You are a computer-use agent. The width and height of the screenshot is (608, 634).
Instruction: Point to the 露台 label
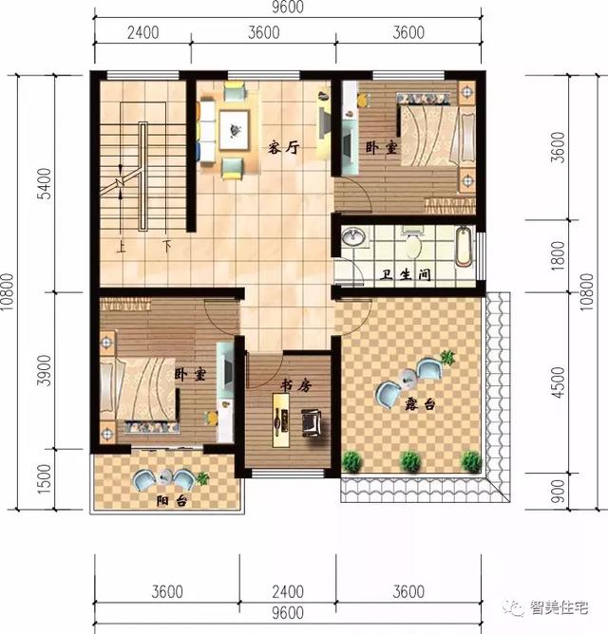419,404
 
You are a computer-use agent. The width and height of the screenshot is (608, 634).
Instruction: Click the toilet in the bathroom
412,245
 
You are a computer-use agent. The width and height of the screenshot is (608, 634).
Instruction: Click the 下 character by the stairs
166,248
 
